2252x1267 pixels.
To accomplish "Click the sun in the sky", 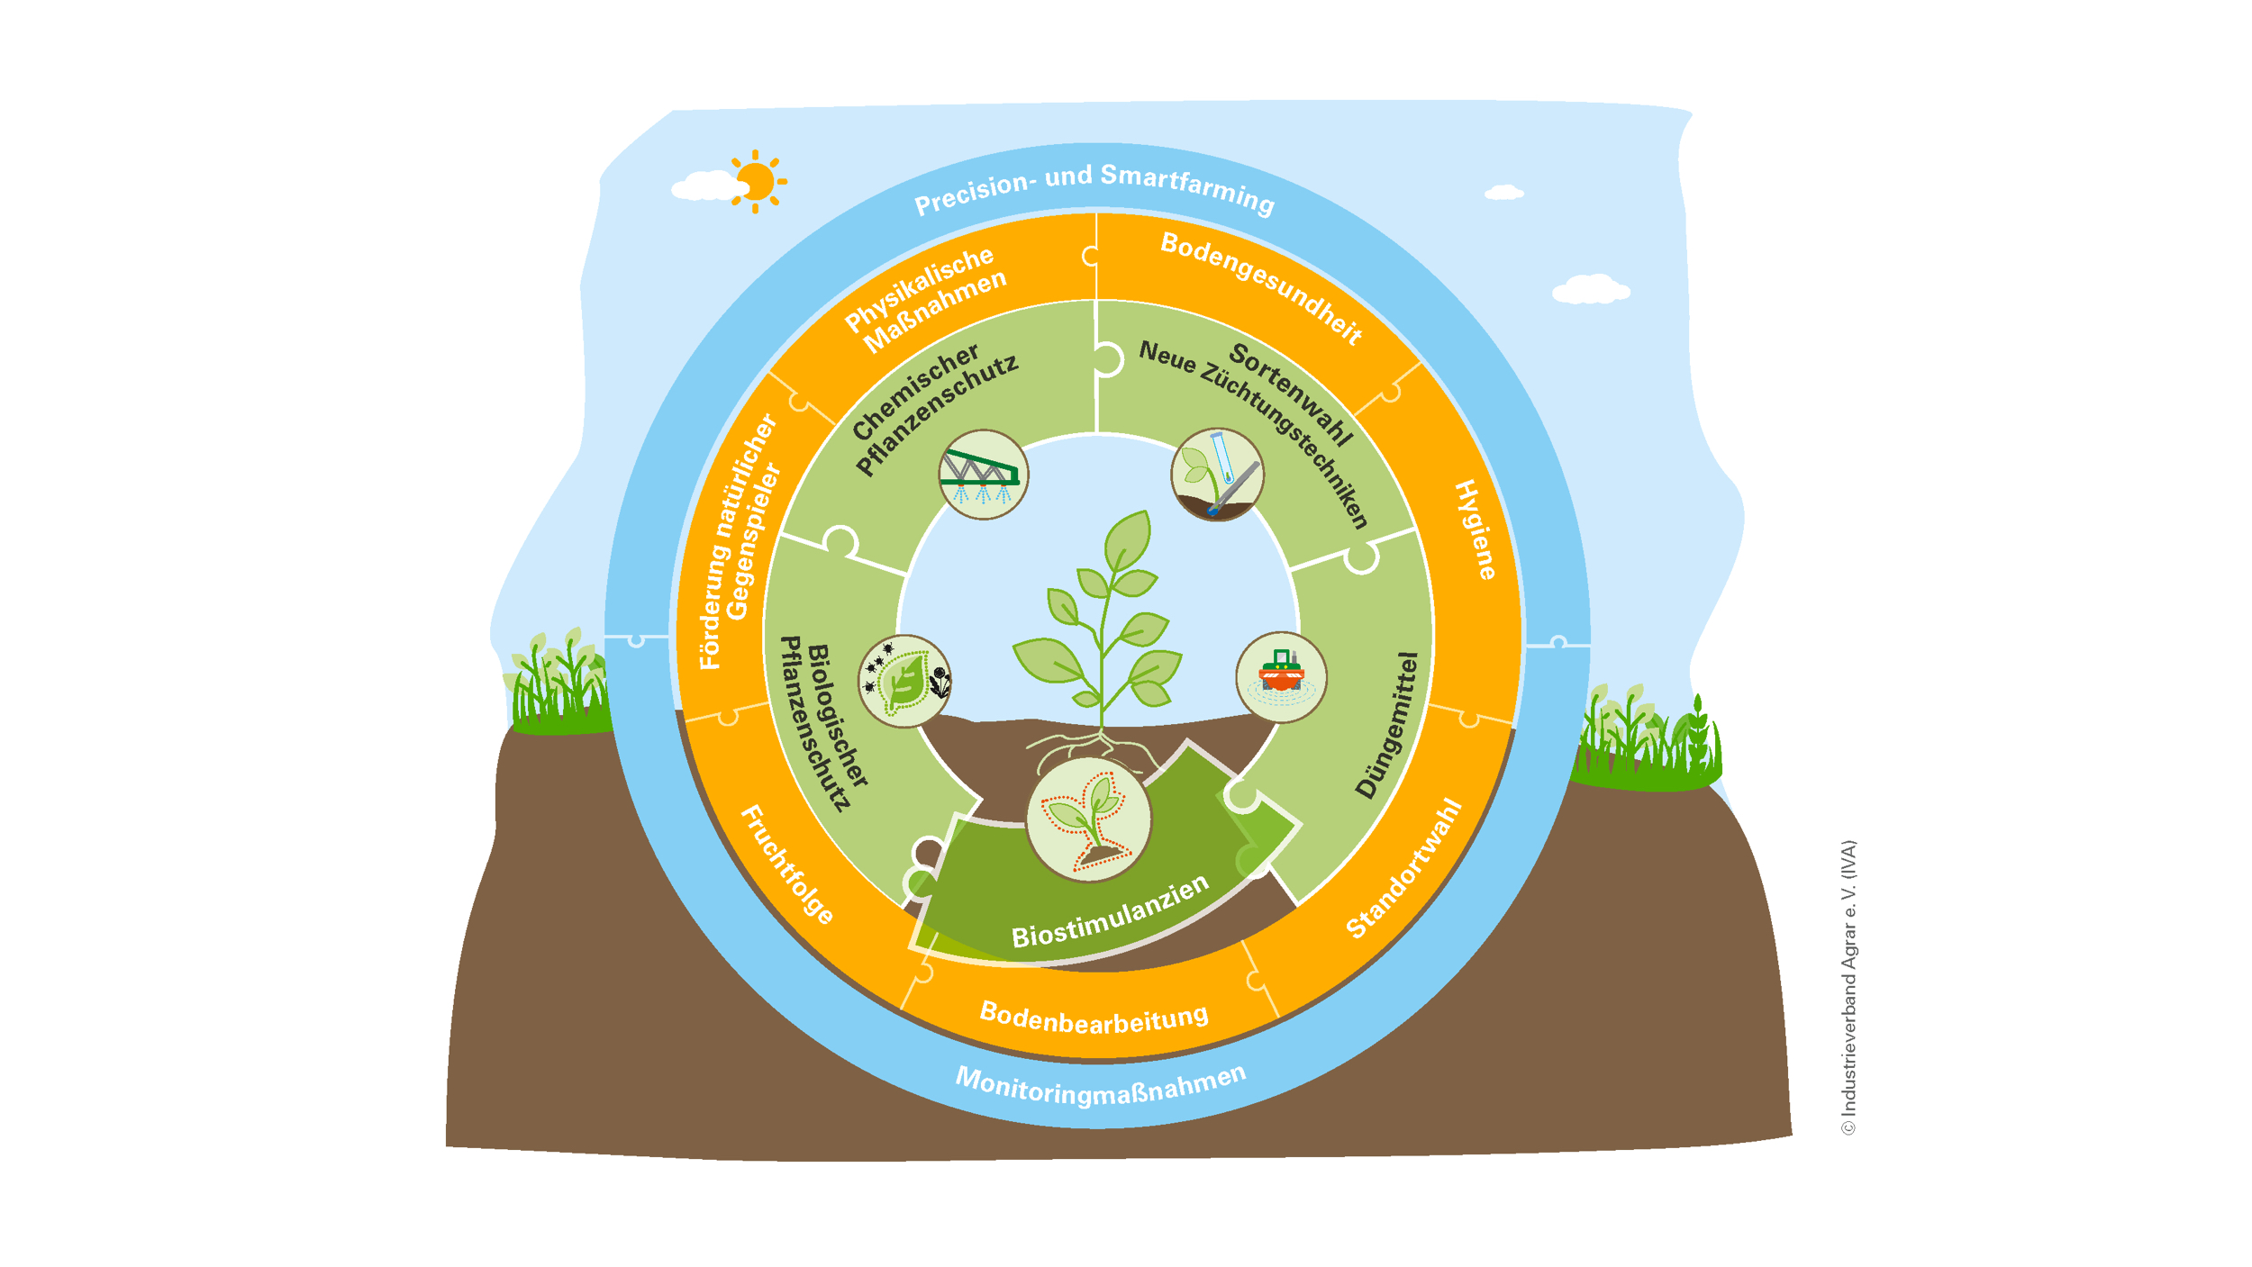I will coord(756,182).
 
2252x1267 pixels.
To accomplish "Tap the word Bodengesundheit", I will coord(1261,287).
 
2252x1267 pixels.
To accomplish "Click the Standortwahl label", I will coord(1403,869).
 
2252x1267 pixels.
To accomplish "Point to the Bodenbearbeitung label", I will coord(1094,1018).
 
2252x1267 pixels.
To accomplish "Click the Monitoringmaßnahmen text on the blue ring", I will coord(1100,1084).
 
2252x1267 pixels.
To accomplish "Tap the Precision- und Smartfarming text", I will coord(1094,189).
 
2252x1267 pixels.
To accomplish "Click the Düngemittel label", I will coord(1387,725).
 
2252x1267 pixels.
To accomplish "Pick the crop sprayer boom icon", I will coord(983,475).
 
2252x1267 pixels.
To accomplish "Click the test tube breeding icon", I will coord(1217,475).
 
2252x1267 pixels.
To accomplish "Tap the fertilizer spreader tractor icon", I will coord(1280,677).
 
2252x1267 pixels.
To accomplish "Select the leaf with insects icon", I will coord(904,681).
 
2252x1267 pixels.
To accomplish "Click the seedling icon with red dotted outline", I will coord(1088,819).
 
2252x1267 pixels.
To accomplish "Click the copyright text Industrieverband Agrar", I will coord(1848,987).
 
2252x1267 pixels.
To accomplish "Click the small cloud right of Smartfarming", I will coord(1503,193).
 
